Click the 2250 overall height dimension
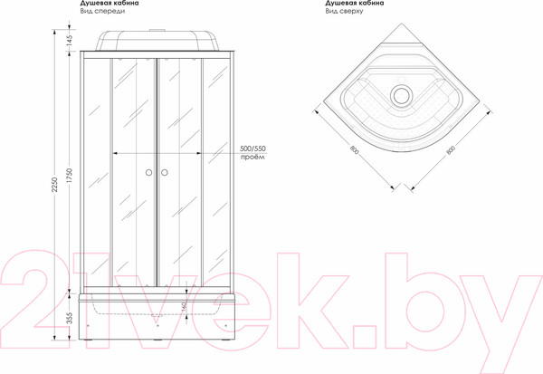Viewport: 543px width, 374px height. coord(54,185)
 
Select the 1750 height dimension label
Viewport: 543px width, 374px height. coord(70,176)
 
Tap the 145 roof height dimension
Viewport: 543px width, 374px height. coord(70,41)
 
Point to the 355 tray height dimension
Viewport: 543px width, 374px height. coord(70,318)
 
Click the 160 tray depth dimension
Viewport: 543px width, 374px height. coord(184,305)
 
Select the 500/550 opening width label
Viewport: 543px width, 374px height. coord(252,149)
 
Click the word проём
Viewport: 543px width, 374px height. coord(252,157)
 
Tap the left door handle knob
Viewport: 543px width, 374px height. coord(149,172)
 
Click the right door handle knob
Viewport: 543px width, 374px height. coord(165,172)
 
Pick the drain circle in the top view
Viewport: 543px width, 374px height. coord(401,95)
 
